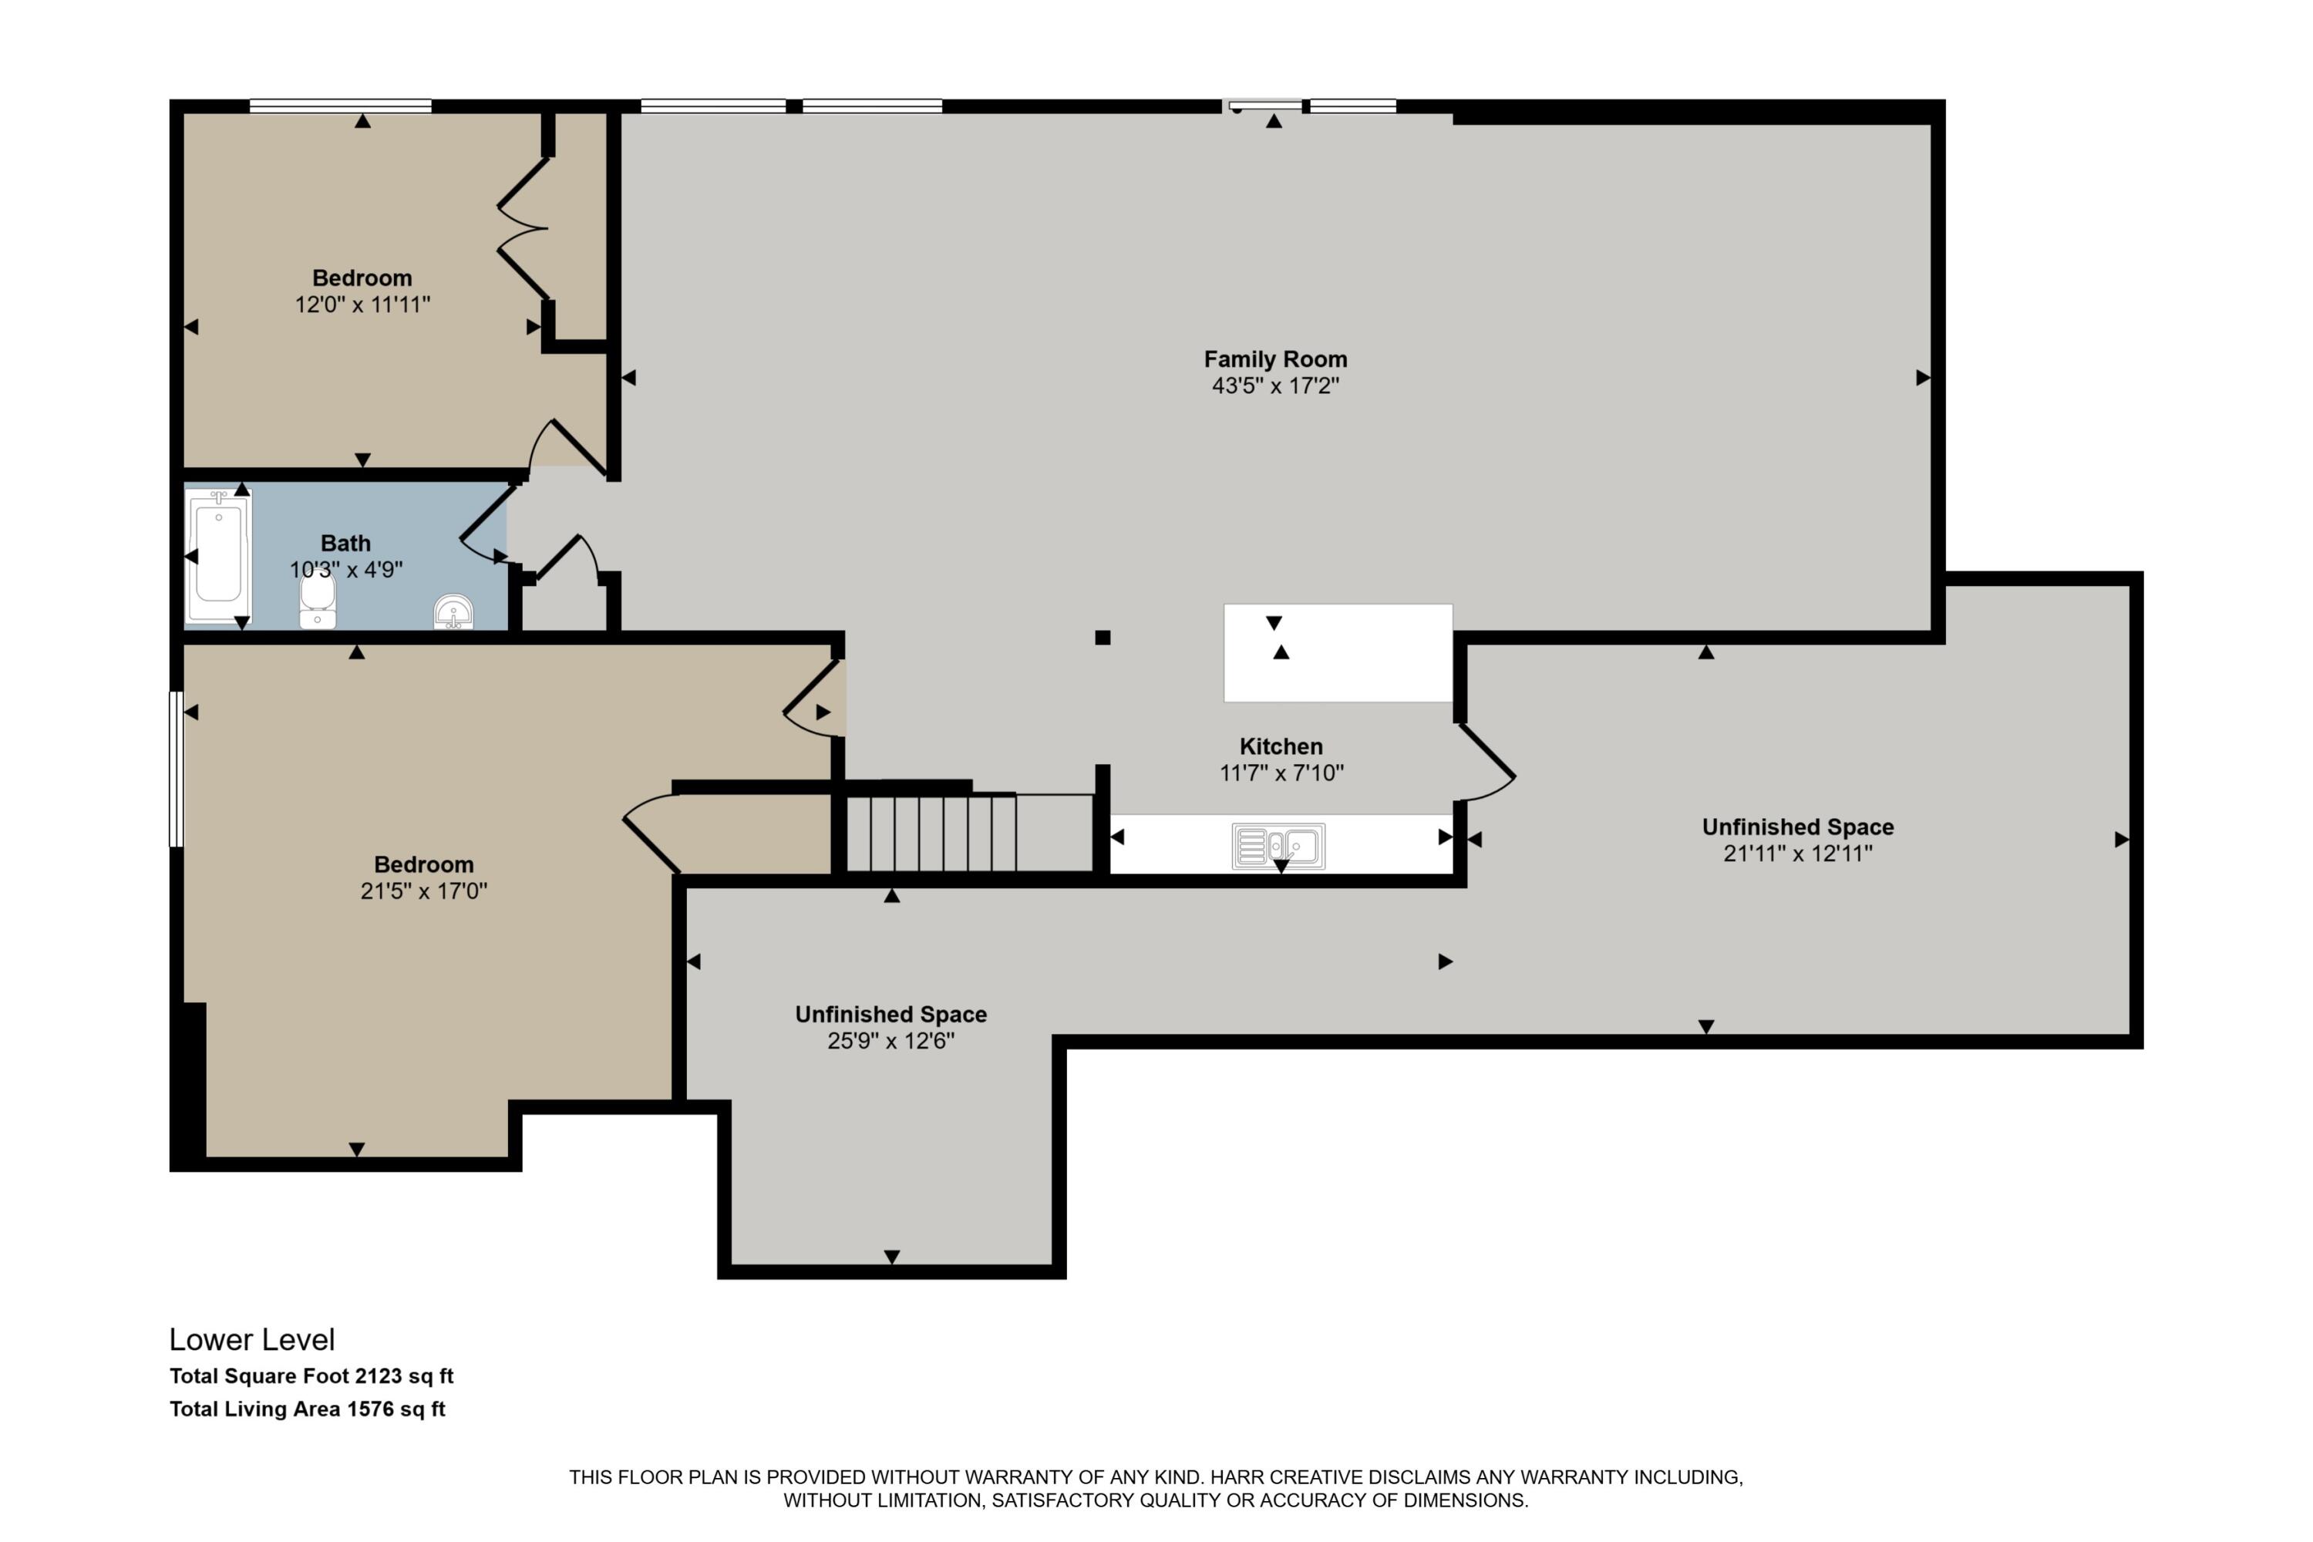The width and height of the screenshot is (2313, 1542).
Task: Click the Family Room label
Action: pos(1275,360)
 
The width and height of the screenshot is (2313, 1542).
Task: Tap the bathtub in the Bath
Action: pos(218,557)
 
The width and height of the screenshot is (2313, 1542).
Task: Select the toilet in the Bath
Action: pos(317,600)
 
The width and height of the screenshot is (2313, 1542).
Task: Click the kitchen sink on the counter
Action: pos(1278,846)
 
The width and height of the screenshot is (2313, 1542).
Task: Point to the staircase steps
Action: pos(931,833)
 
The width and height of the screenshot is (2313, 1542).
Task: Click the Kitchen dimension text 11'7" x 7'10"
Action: pos(1281,773)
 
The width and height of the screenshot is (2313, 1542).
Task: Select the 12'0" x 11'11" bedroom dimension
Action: pos(363,305)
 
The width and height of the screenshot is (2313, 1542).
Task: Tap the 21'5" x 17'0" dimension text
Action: pos(424,891)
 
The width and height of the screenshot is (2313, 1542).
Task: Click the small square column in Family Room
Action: pos(1103,638)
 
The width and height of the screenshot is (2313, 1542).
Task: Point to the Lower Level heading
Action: pos(252,1339)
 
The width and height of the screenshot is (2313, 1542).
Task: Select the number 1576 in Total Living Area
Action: pos(370,1409)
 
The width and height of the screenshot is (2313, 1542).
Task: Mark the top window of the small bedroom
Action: pos(340,105)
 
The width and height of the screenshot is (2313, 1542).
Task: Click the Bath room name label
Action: pos(345,543)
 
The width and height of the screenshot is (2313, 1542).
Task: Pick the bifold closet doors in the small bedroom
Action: pos(522,228)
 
